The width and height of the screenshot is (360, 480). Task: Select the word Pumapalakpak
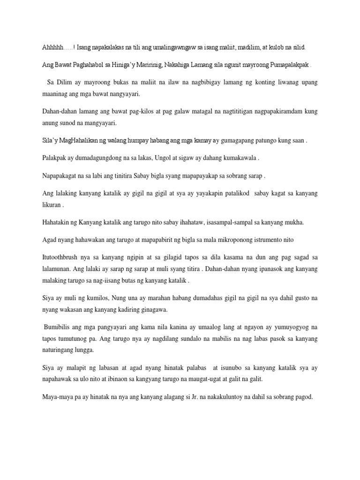(x=288, y=65)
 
